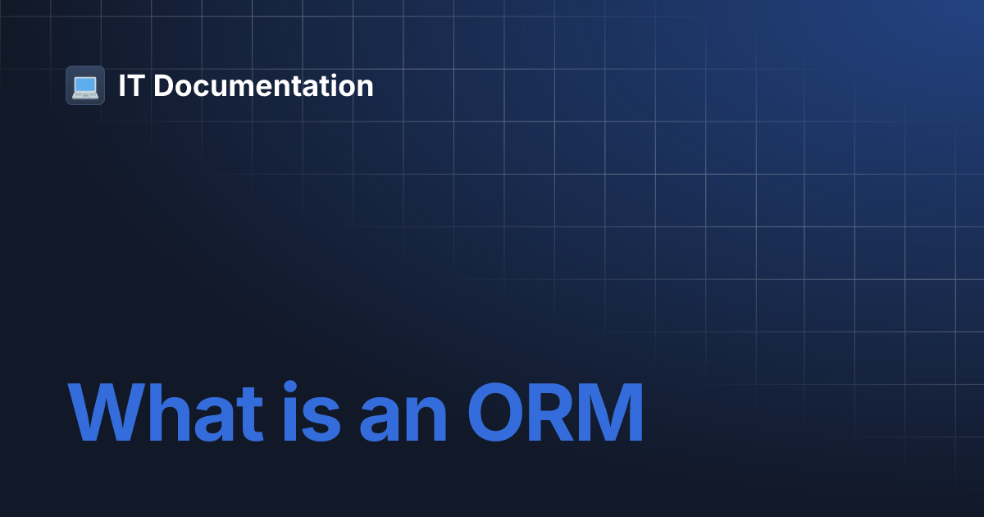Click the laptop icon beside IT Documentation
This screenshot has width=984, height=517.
pyautogui.click(x=85, y=85)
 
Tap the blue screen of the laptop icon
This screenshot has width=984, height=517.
pyautogui.click(x=85, y=83)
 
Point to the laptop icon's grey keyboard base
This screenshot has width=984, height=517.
pyautogui.click(x=85, y=94)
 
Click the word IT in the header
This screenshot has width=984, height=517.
pyautogui.click(x=130, y=86)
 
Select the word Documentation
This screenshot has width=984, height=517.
pyautogui.click(x=263, y=86)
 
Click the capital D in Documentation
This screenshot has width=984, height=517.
pyautogui.click(x=164, y=86)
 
